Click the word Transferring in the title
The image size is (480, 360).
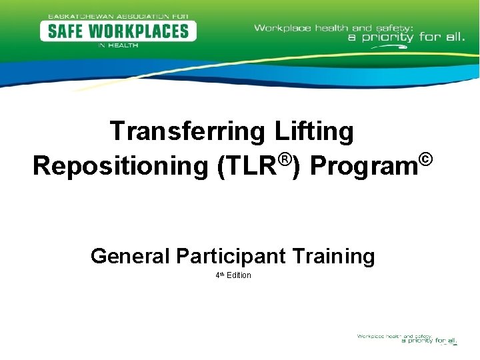tap(188, 131)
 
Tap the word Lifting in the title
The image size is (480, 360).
tap(314, 131)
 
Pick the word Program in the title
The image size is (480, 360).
tap(364, 167)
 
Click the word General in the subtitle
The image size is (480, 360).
tap(130, 255)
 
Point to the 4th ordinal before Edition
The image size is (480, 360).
tap(219, 275)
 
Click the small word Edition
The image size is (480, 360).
tap(239, 275)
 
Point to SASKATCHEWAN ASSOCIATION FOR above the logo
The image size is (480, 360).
tap(118, 15)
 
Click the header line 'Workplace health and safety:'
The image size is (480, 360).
tap(334, 28)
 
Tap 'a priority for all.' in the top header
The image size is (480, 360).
tap(406, 37)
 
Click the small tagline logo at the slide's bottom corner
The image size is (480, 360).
tap(407, 339)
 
